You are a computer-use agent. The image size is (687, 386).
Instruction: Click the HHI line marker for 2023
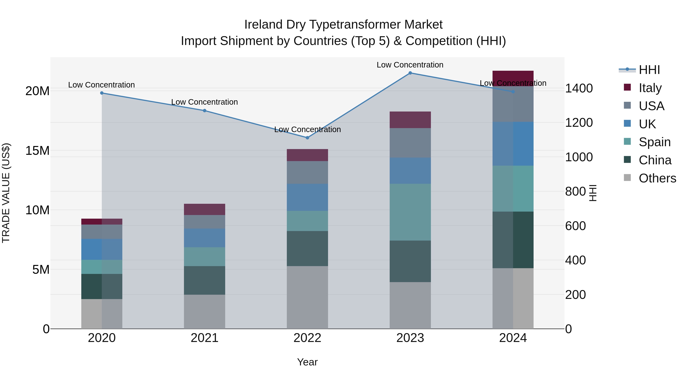410,73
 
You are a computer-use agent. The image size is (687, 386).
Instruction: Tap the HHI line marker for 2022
307,138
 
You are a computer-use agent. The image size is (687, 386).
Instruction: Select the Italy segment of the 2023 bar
410,120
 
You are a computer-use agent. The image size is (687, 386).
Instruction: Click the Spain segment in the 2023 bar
410,212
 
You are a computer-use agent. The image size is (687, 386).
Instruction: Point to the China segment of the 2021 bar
205,280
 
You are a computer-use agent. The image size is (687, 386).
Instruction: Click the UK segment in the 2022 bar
307,197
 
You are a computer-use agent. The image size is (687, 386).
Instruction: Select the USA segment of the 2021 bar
205,222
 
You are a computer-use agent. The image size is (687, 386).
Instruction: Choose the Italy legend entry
650,88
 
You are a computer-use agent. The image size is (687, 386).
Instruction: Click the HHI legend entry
649,70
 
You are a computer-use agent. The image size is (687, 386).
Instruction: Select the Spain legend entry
655,142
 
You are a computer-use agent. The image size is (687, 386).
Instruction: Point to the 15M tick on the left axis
37,151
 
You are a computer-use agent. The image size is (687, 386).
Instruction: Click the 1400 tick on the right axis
579,88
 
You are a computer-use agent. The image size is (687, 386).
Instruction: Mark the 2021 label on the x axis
205,338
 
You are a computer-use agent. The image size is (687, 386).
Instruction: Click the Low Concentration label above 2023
410,65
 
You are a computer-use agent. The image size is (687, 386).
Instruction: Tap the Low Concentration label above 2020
101,85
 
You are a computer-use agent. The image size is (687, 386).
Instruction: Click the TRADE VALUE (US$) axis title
6,193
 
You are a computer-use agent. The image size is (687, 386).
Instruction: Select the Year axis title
307,362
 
